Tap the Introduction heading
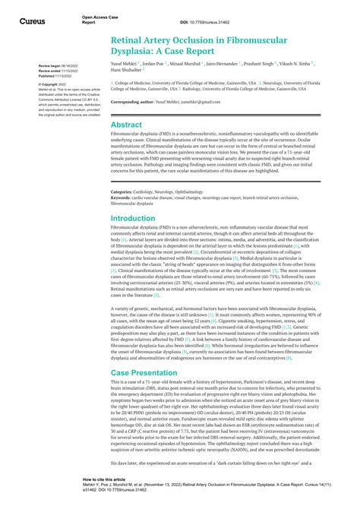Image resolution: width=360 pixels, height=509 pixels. coord(133,218)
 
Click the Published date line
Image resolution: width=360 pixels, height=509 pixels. coord(55,76)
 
